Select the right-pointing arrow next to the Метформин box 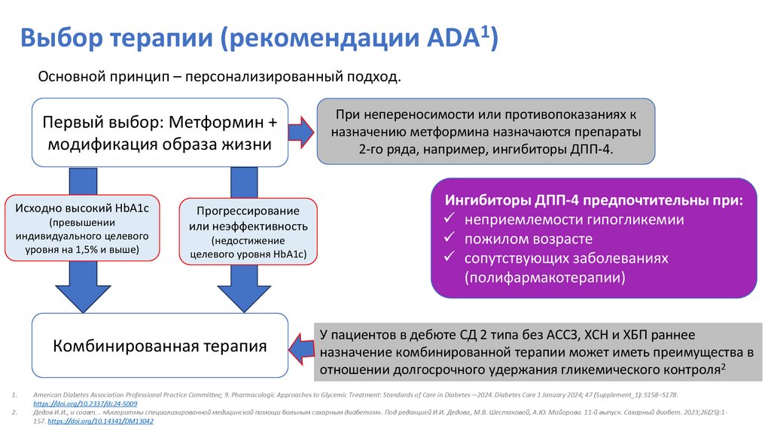click(x=302, y=132)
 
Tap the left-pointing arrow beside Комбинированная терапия click(x=302, y=348)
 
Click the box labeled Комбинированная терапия click(x=160, y=346)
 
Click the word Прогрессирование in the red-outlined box click(x=249, y=211)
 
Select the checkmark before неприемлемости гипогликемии click(x=449, y=221)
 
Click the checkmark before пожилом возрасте click(x=449, y=239)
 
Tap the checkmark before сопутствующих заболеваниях click(x=449, y=258)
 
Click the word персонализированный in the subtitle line click(x=269, y=78)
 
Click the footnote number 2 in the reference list click(x=14, y=413)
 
